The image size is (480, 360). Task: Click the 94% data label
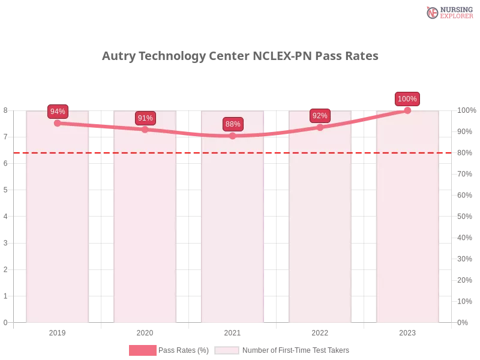pyautogui.click(x=58, y=112)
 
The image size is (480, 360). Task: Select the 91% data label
pyautogui.click(x=145, y=118)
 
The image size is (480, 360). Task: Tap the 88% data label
pyautogui.click(x=233, y=124)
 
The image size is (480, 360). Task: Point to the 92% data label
pyautogui.click(x=320, y=116)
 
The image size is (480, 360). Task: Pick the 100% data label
pyautogui.click(x=407, y=99)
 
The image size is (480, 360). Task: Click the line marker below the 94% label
pyautogui.click(x=58, y=123)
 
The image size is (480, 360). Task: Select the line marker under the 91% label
pyautogui.click(x=145, y=130)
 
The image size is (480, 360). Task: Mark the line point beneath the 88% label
pyautogui.click(x=233, y=136)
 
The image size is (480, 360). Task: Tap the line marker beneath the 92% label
pyautogui.click(x=320, y=127)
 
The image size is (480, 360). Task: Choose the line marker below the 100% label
pyautogui.click(x=407, y=110)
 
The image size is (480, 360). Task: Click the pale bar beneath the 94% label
pyautogui.click(x=58, y=240)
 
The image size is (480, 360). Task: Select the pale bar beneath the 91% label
pyautogui.click(x=145, y=240)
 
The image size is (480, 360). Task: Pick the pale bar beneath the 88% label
pyautogui.click(x=233, y=240)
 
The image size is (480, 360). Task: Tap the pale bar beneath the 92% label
pyautogui.click(x=320, y=240)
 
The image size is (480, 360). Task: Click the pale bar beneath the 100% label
pyautogui.click(x=407, y=240)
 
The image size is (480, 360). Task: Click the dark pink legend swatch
pyautogui.click(x=142, y=350)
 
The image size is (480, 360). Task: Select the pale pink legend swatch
pyautogui.click(x=227, y=350)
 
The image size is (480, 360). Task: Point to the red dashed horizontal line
pyautogui.click(x=102, y=152)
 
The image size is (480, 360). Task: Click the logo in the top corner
pyautogui.click(x=448, y=12)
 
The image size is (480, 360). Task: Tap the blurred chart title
pyautogui.click(x=240, y=56)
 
